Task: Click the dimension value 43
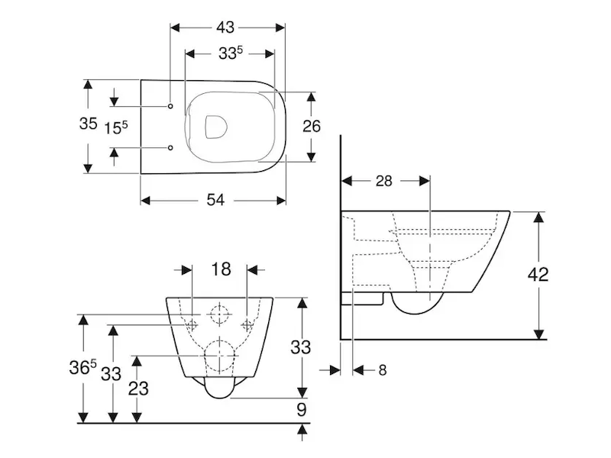pos(225,27)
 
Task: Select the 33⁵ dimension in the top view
pos(230,54)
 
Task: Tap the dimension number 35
pos(89,124)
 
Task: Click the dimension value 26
pos(312,126)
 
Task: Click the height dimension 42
pos(538,275)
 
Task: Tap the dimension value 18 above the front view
pos(220,269)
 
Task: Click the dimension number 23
pos(138,388)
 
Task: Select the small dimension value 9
pos(302,410)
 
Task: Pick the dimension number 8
pos(382,370)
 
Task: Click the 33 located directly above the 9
pos(302,347)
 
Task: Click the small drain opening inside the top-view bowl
pos(216,127)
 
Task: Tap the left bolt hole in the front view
pos(190,324)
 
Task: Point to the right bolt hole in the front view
pos(247,324)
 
